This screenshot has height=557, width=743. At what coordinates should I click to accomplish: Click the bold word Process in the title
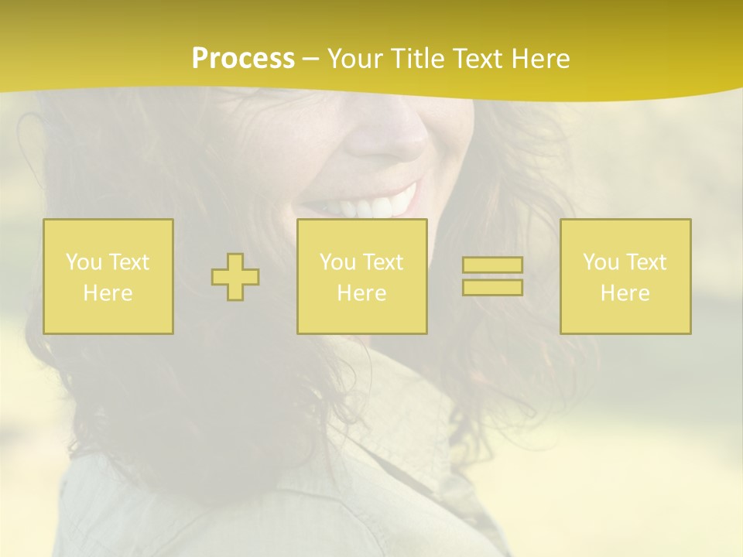coord(243,59)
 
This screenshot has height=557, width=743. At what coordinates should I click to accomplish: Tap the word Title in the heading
coord(413,59)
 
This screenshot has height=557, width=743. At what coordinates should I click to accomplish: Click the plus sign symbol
coord(235,277)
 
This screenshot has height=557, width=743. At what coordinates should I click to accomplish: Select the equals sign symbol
coord(492,276)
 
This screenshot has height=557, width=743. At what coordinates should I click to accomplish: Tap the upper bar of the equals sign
coord(492,265)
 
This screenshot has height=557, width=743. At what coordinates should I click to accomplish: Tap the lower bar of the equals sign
coord(492,287)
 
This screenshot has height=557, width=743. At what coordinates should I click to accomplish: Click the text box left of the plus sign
coord(108,276)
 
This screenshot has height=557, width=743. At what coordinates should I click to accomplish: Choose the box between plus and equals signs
coord(362,276)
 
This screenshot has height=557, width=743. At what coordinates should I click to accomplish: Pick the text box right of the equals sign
coord(625,276)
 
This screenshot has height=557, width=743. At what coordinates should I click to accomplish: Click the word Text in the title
coord(476,59)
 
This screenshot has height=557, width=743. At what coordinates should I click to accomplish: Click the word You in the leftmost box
coord(83,262)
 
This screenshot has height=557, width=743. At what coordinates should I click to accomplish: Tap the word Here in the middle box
coord(362,293)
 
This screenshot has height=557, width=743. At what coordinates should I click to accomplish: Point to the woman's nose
coord(387,139)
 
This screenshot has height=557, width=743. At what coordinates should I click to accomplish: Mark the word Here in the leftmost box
coord(108,293)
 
